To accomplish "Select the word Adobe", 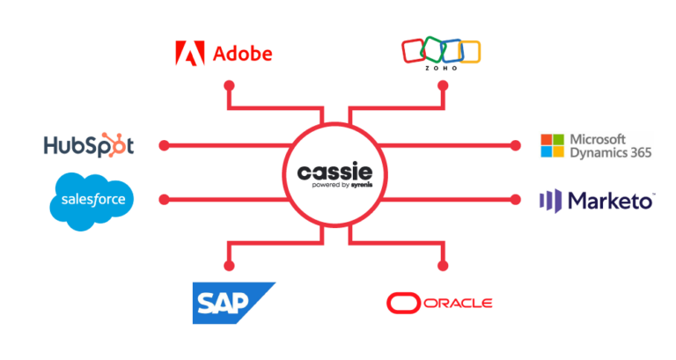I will click(242, 54).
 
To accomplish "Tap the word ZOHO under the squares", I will click(439, 67).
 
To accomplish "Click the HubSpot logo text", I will click(89, 145).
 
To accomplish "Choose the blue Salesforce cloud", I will click(92, 201).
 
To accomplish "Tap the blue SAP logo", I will click(233, 303).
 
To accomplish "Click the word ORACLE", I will click(457, 304).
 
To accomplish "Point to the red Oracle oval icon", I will click(402, 304).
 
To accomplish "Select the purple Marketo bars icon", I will click(551, 200).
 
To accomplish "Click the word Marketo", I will click(609, 200).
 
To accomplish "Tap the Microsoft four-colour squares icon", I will click(552, 145).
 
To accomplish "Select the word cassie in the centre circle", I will click(334, 168).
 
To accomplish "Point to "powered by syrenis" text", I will click(334, 186).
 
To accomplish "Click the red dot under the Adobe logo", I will click(229, 86).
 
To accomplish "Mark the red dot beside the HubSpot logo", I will click(162, 144).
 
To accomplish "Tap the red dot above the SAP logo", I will click(229, 264).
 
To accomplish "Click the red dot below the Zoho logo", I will click(444, 86).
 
